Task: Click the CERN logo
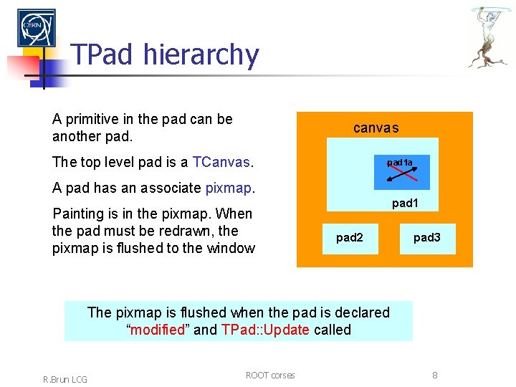36,28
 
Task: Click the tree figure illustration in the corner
490,37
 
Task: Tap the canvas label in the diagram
376,128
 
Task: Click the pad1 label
405,204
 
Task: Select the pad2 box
349,238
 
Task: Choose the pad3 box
426,238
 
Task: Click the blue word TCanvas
221,162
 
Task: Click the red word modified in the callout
156,330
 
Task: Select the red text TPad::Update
265,330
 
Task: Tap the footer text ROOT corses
269,375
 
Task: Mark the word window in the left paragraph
231,248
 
